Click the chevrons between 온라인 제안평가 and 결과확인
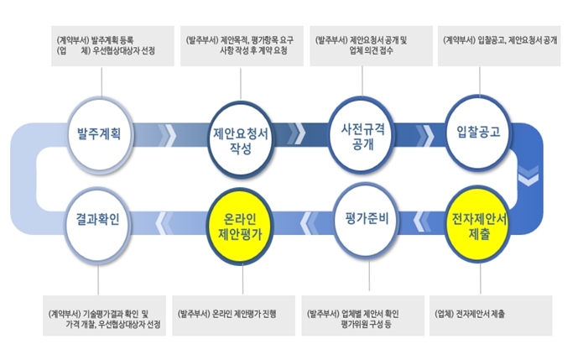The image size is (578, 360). (x=168, y=223)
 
